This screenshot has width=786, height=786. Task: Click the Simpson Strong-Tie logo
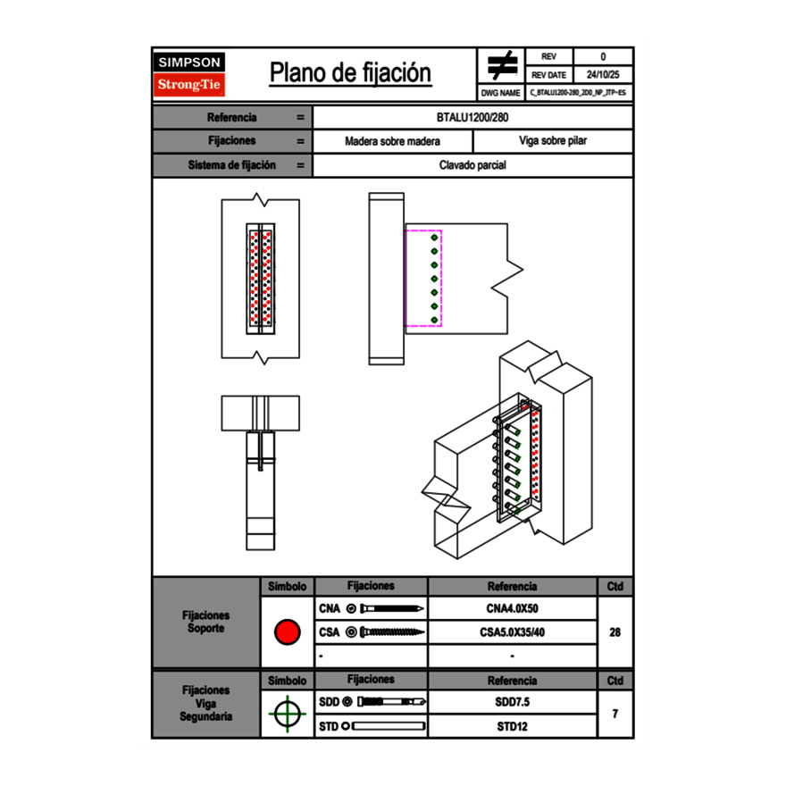pos(189,74)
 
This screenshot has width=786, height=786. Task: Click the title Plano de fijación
pos(350,73)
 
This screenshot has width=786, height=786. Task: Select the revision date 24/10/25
pos(603,75)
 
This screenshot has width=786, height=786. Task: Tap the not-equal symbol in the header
pos(502,65)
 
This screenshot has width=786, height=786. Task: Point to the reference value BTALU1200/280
pos(472,117)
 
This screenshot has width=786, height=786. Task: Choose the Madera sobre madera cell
pos(392,141)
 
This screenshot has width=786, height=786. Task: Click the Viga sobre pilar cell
pos(552,141)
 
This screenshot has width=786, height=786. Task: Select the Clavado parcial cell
pos(472,165)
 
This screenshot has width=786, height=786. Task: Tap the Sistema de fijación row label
pos(231,165)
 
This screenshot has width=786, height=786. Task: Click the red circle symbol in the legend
pos(287,632)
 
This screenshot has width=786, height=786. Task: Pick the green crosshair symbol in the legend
pos(287,714)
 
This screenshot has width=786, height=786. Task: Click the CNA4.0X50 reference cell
pos(512,609)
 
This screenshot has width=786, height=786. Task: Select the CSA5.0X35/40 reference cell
pos(512,632)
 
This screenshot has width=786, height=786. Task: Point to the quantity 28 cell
pos(615,632)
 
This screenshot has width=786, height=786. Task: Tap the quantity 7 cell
pos(615,714)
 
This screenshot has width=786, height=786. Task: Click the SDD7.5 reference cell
pos(512,702)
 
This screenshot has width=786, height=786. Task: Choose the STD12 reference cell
pos(512,726)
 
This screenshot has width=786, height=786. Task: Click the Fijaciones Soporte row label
pos(205,622)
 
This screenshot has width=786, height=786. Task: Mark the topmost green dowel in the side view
pos(434,238)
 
